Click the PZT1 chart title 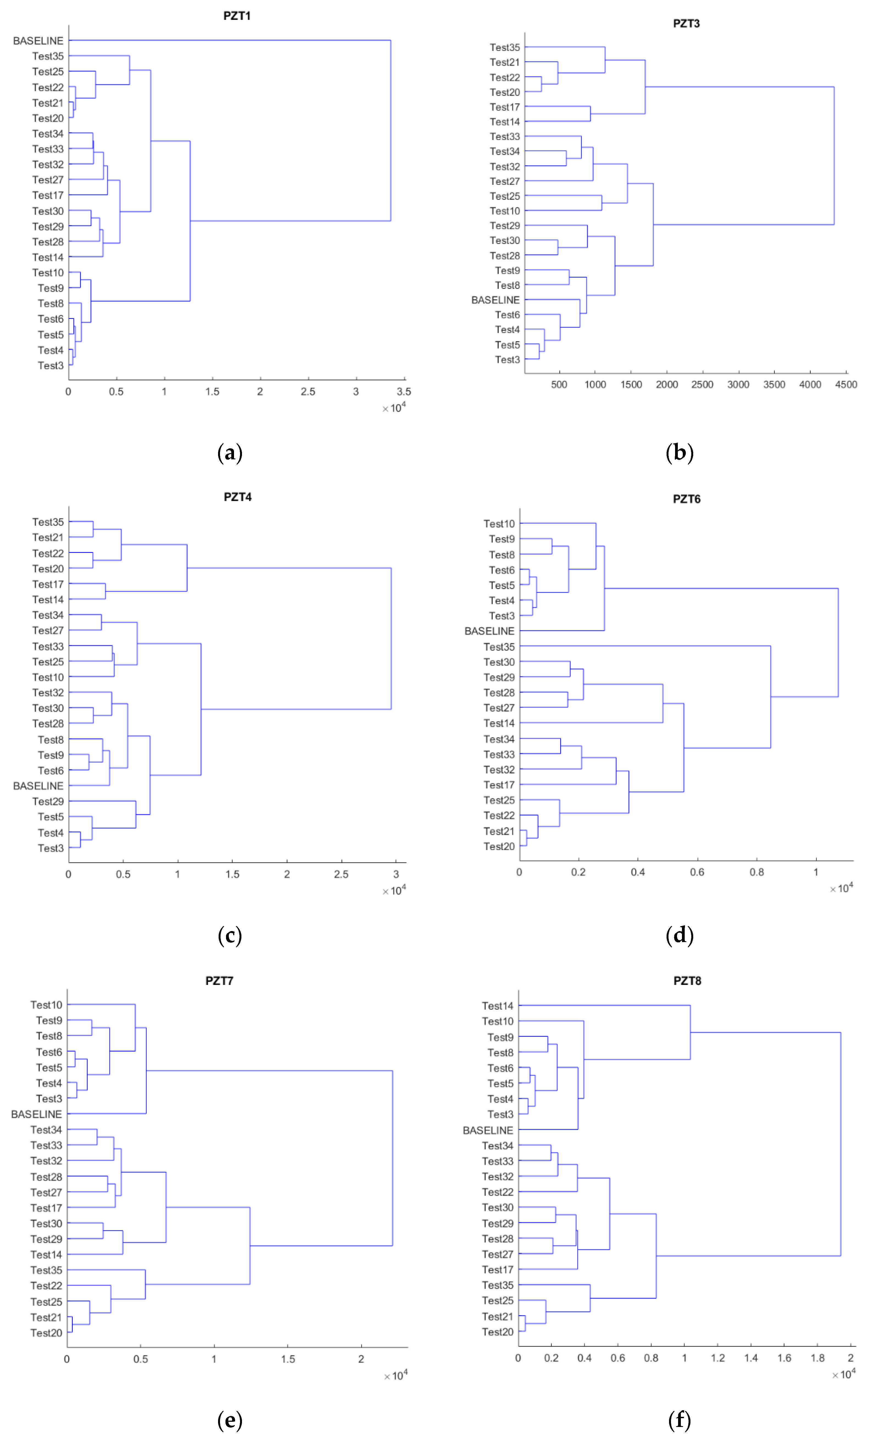point(237,16)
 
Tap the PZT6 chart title point(686,499)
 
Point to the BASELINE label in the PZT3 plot point(496,300)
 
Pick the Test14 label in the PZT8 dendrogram point(497,1006)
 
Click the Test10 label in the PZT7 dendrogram point(46,1005)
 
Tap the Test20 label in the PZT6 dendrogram point(499,846)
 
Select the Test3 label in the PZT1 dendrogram point(51,366)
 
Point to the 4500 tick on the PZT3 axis point(846,384)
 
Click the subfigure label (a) point(230,453)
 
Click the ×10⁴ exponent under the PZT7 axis point(396,1376)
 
